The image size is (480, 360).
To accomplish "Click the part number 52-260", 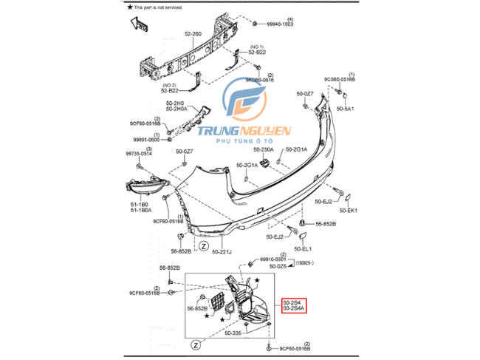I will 193,33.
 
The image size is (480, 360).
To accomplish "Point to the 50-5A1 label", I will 346,108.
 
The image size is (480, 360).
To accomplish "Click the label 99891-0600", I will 147,140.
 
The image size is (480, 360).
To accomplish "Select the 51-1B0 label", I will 140,205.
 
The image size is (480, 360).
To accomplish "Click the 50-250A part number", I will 262,149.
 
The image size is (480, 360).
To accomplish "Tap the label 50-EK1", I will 347,211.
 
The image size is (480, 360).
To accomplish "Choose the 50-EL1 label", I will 304,248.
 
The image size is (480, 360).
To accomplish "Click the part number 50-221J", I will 222,252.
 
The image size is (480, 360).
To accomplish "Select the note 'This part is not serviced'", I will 163,7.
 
